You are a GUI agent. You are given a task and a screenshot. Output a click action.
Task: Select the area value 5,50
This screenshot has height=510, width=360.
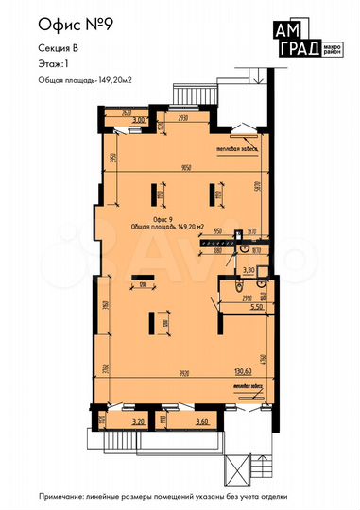(x=254, y=307)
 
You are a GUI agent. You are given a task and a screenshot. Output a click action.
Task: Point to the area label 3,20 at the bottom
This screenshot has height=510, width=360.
(x=136, y=423)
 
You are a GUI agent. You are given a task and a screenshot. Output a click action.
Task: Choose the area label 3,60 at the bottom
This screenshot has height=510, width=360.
(x=199, y=423)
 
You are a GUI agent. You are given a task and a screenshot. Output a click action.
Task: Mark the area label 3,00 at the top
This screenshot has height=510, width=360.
(x=140, y=120)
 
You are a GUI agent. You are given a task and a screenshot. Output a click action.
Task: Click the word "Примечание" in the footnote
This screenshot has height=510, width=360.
(x=63, y=495)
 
